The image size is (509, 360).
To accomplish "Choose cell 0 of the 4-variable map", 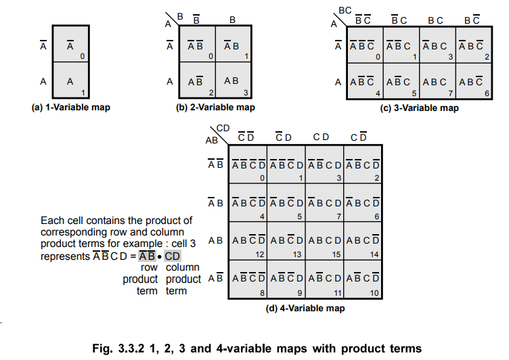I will click(x=248, y=164).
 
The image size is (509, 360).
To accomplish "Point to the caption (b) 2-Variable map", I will click(x=217, y=108).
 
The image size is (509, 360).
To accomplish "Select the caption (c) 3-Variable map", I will click(x=419, y=108).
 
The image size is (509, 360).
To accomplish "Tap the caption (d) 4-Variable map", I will click(x=306, y=309).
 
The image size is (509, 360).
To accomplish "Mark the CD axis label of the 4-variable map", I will click(x=223, y=128).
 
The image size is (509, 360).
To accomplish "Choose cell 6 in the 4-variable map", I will click(x=363, y=203).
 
